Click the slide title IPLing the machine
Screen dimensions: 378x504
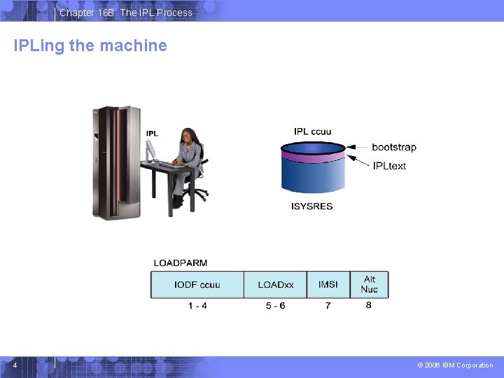(90, 46)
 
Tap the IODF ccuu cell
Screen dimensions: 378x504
(197, 284)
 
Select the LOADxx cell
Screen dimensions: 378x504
(275, 284)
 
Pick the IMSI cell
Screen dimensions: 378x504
(328, 284)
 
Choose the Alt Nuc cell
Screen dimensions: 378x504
(369, 284)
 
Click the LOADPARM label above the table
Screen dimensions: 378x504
(180, 263)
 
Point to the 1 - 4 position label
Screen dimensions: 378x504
(197, 306)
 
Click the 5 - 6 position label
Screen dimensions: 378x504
(275, 306)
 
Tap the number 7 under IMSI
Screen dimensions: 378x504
(328, 306)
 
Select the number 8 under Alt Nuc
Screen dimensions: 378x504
(368, 305)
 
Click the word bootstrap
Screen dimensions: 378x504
(393, 147)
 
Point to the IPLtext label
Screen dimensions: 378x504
(389, 166)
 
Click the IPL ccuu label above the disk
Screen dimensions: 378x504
(312, 132)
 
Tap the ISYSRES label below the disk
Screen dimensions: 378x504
(312, 206)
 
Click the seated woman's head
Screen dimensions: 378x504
(188, 135)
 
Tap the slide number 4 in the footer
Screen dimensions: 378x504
(15, 365)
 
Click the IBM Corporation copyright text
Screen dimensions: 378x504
(454, 365)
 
